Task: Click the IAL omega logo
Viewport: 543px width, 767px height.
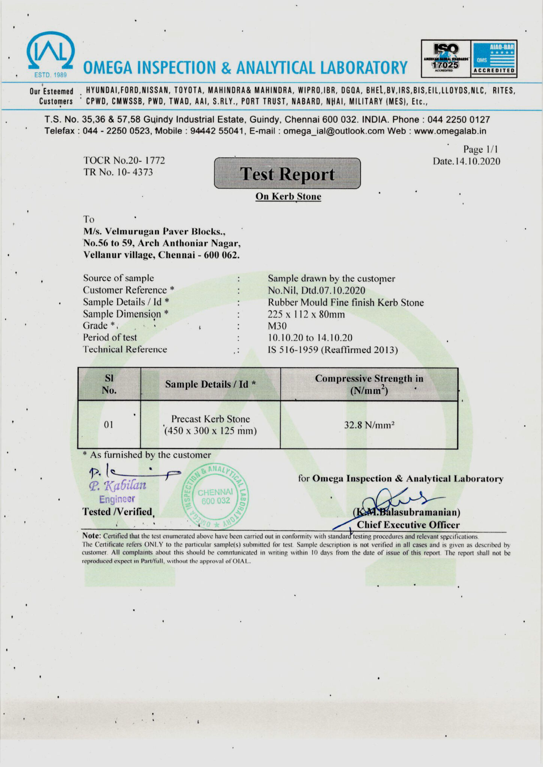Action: (x=50, y=52)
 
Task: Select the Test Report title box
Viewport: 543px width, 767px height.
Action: (x=287, y=174)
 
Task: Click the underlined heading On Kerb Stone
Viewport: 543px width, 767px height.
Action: (x=288, y=197)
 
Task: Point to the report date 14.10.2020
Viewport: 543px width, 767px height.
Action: (x=467, y=161)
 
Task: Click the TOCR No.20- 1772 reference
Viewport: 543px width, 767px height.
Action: (x=124, y=160)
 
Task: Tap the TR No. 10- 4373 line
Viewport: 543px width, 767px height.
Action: (x=118, y=172)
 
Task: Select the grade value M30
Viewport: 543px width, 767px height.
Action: (x=277, y=326)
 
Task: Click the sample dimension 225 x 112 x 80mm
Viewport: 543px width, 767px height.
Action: (x=306, y=314)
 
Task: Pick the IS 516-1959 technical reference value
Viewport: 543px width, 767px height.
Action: (x=332, y=350)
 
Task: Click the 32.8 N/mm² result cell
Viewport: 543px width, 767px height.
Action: (x=369, y=425)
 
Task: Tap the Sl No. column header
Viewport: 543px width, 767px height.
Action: (x=109, y=384)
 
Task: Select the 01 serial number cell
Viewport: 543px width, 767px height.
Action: (x=109, y=425)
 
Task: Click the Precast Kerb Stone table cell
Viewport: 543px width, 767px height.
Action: (x=210, y=425)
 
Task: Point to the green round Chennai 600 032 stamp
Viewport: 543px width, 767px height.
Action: (x=215, y=497)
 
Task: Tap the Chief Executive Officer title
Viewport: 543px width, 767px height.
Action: (x=408, y=525)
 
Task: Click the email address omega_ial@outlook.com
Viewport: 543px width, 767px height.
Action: (x=334, y=131)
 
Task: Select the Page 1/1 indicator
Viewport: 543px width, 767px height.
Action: (x=480, y=149)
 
